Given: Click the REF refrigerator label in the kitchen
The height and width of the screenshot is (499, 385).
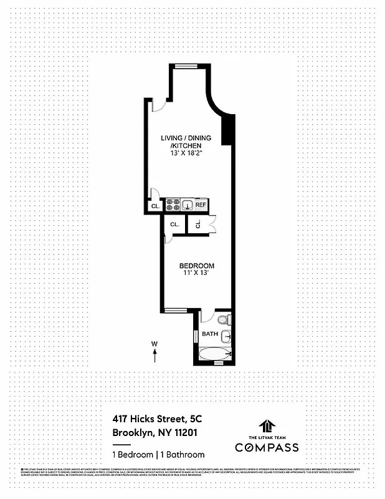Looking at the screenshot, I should [200, 205].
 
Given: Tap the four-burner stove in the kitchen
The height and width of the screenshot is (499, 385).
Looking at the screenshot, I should [172, 205].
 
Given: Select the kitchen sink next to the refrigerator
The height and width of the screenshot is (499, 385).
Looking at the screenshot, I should [186, 205].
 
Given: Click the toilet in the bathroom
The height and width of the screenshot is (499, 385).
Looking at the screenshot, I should [227, 320].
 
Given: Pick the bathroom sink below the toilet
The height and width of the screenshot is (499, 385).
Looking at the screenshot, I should [227, 337].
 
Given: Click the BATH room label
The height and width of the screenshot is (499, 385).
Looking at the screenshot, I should [210, 334].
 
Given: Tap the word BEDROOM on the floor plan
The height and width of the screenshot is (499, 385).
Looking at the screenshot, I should [197, 265].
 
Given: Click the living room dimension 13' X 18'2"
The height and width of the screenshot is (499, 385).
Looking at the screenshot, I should [186, 154].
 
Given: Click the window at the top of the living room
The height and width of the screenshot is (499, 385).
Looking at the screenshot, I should [183, 65].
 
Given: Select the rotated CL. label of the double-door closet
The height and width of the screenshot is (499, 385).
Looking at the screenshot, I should [197, 224].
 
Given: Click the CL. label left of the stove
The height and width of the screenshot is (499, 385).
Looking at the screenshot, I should [153, 206].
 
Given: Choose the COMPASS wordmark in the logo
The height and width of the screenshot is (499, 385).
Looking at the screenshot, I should [266, 447].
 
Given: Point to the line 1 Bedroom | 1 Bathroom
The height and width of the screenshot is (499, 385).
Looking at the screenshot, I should [158, 454].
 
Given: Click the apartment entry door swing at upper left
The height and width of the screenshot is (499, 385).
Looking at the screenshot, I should [159, 104].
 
